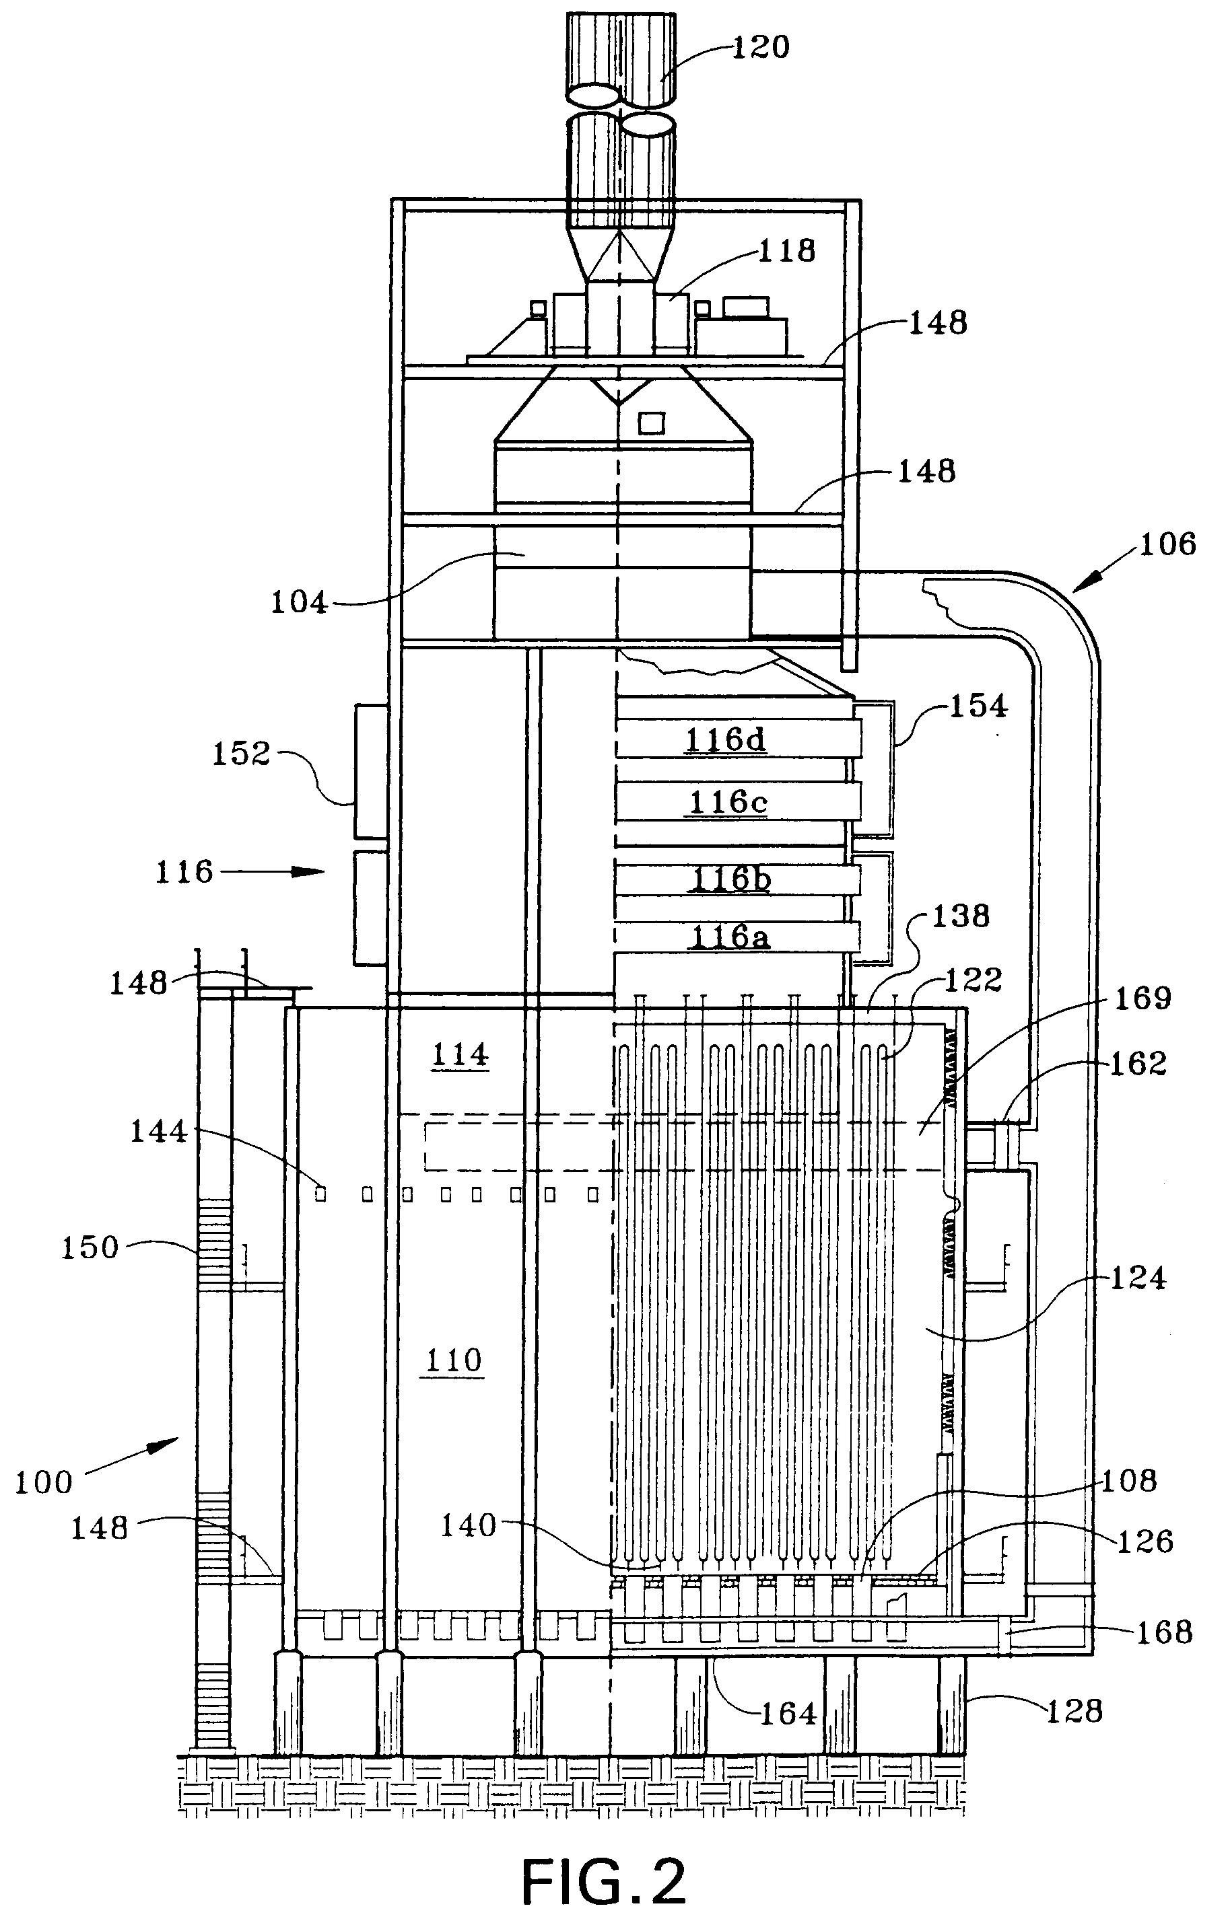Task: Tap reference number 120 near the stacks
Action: tap(761, 47)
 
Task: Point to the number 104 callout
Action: tap(299, 603)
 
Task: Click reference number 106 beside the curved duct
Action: tap(1168, 544)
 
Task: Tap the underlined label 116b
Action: tap(730, 879)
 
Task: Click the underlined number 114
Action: tap(460, 1056)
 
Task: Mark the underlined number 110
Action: tap(453, 1360)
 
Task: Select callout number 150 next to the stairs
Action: tap(90, 1247)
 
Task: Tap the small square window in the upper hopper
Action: tap(651, 423)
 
